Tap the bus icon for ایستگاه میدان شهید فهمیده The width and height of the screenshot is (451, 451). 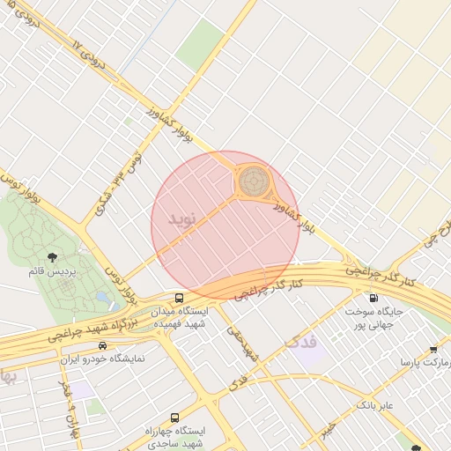[180, 299]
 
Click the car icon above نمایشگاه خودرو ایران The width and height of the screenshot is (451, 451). [103, 345]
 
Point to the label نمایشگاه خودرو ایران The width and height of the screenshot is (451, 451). [103, 359]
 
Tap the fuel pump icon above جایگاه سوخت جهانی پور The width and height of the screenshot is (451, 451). [374, 298]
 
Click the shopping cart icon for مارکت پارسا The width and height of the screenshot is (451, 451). [433, 349]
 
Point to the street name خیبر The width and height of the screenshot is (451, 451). [325, 429]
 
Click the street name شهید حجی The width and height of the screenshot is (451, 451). [242, 343]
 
